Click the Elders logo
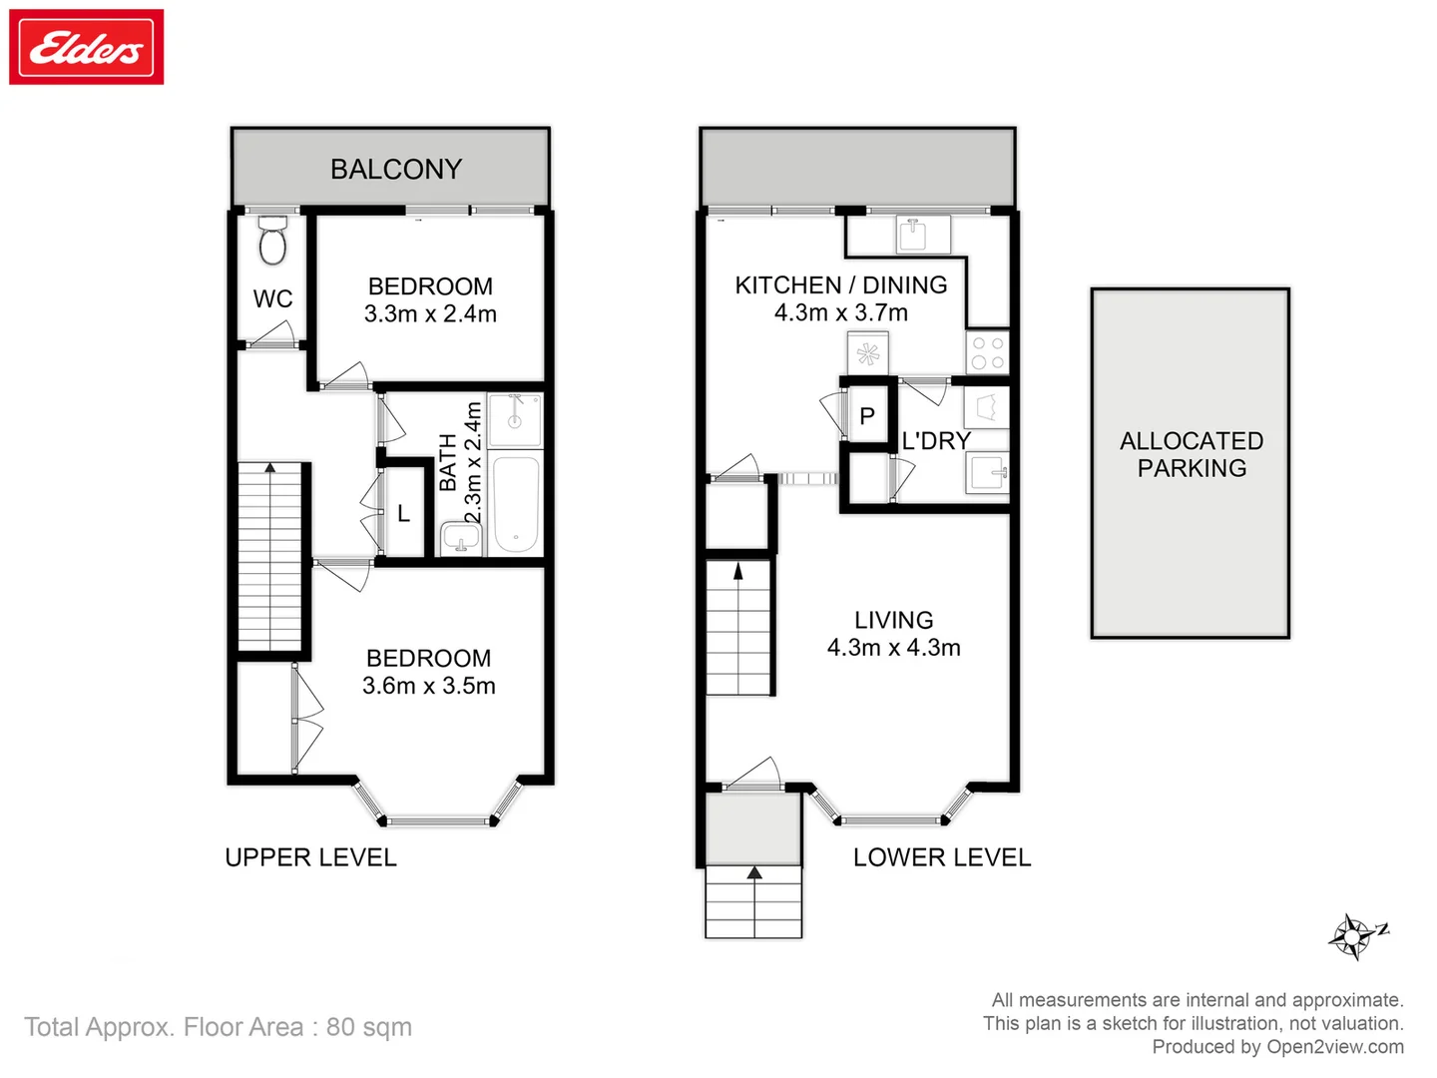tap(87, 47)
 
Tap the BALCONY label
tap(396, 169)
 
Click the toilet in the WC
tap(272, 242)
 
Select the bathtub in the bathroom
tap(516, 504)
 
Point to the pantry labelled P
tap(867, 416)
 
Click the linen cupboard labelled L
tap(404, 513)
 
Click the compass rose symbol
tap(1353, 937)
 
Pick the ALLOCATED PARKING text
tap(1192, 454)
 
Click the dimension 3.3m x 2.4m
tap(430, 313)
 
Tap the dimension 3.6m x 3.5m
tap(429, 686)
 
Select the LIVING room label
tap(893, 620)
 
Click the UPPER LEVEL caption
tap(310, 857)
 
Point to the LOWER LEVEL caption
tap(942, 857)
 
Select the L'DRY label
tap(936, 440)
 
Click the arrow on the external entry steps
tap(754, 872)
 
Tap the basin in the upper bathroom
tap(461, 540)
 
